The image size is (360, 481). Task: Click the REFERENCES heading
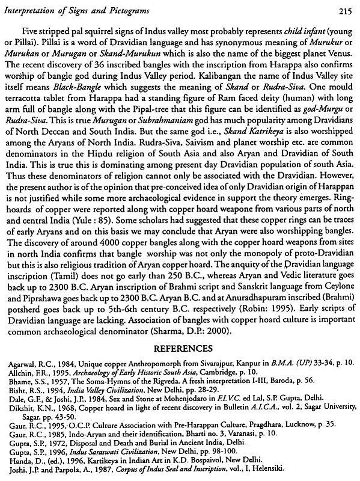tap(180, 347)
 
